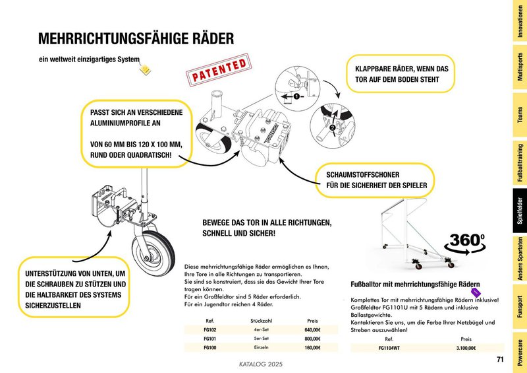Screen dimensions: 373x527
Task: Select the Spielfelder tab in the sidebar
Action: (x=520, y=211)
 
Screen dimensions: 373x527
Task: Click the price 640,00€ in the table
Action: (x=312, y=330)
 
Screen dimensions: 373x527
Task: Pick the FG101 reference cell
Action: (x=211, y=339)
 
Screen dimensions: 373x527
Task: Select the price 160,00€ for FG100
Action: (x=312, y=347)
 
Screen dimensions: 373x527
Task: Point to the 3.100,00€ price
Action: (x=466, y=347)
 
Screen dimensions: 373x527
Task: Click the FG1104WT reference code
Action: (x=390, y=347)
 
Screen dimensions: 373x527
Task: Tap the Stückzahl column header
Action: (x=253, y=320)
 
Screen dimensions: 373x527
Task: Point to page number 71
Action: (x=500, y=359)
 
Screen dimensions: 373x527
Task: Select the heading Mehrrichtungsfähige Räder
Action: (x=136, y=39)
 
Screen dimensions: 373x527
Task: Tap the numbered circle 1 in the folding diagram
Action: (x=296, y=96)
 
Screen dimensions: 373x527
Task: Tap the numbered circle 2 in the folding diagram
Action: (x=332, y=126)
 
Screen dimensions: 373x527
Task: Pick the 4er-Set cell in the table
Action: (x=253, y=330)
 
